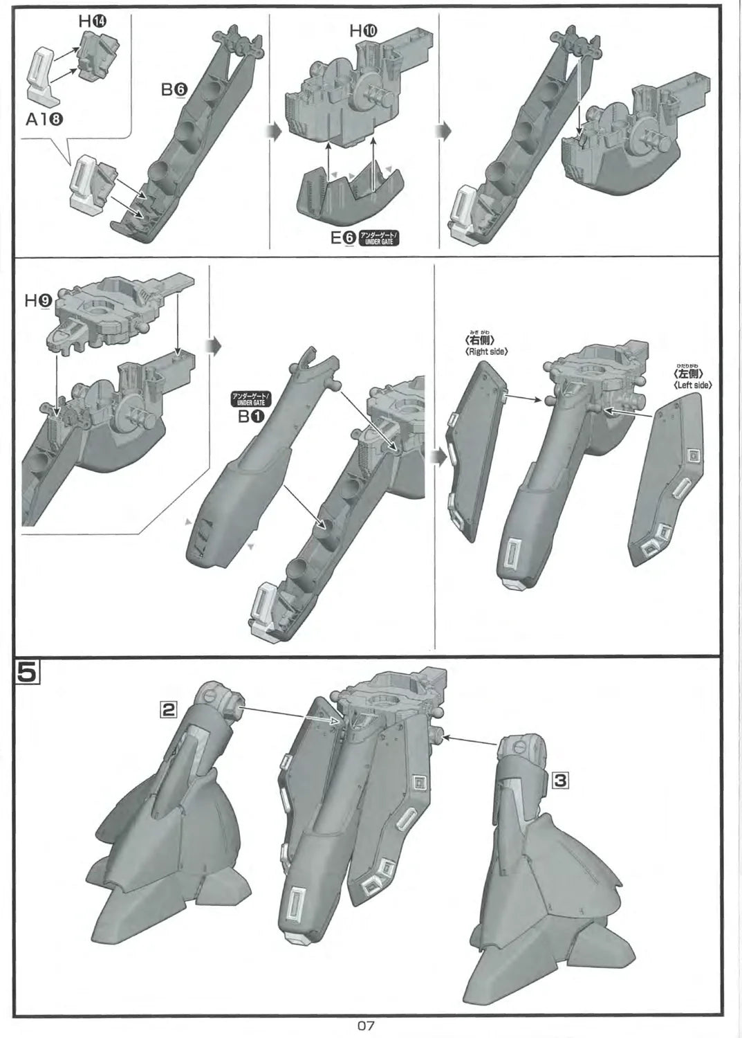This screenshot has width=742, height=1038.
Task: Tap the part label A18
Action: [x=45, y=119]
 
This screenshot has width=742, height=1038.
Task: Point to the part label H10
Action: [x=364, y=30]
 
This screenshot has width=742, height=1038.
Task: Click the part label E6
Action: [x=343, y=237]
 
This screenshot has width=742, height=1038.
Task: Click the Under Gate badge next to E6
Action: [x=380, y=238]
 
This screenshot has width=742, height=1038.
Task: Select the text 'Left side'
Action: [x=692, y=385]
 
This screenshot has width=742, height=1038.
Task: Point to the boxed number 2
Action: [x=169, y=709]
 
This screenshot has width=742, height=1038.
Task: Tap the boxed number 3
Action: [x=561, y=781]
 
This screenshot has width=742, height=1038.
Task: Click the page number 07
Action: [x=367, y=1026]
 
